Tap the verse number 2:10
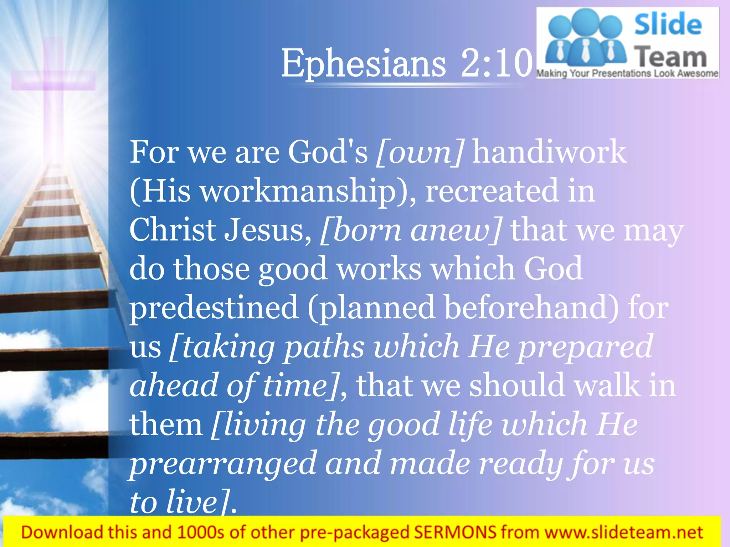point(496,63)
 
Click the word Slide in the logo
point(668,24)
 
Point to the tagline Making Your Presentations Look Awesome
point(627,74)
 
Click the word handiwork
point(549,152)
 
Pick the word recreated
point(492,191)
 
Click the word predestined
point(214,308)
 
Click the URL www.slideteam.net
point(624,532)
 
